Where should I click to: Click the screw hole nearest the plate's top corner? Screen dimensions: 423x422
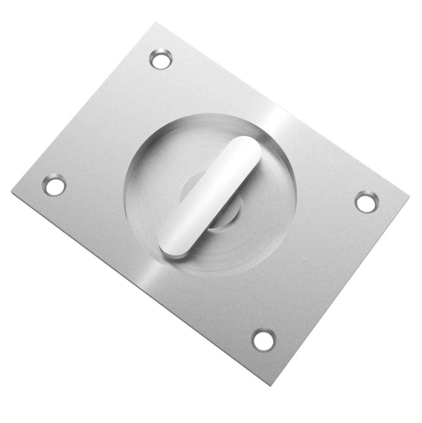coord(161,59)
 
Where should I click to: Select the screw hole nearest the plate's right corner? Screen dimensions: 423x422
coord(366,202)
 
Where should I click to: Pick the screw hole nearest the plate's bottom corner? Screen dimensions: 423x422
coord(264,341)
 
